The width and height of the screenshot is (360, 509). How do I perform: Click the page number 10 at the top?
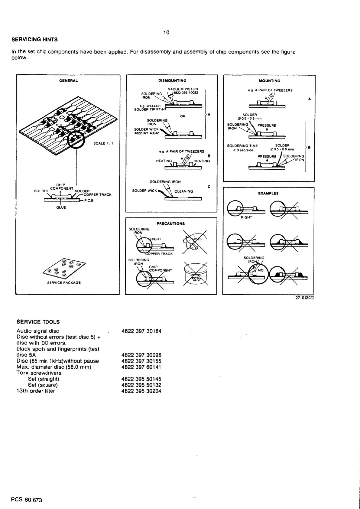click(x=166, y=33)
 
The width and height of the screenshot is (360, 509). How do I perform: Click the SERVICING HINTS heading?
click(x=34, y=40)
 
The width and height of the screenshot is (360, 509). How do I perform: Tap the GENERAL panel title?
click(x=68, y=81)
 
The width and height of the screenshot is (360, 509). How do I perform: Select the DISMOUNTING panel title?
click(x=172, y=81)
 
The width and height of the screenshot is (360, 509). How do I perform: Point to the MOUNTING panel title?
click(x=270, y=81)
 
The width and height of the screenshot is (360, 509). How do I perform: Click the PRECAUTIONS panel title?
click(x=171, y=224)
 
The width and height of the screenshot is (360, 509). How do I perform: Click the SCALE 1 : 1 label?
click(x=104, y=143)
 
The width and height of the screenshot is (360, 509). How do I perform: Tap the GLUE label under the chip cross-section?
click(x=61, y=207)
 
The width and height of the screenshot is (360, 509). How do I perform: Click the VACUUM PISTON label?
click(x=183, y=89)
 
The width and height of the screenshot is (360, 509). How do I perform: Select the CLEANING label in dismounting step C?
click(x=183, y=191)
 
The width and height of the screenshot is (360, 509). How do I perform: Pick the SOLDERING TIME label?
click(x=242, y=146)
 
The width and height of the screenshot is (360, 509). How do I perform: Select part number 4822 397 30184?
click(x=141, y=331)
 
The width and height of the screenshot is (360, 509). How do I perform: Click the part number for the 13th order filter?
click(x=141, y=391)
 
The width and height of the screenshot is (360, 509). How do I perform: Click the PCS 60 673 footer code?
click(x=27, y=500)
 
